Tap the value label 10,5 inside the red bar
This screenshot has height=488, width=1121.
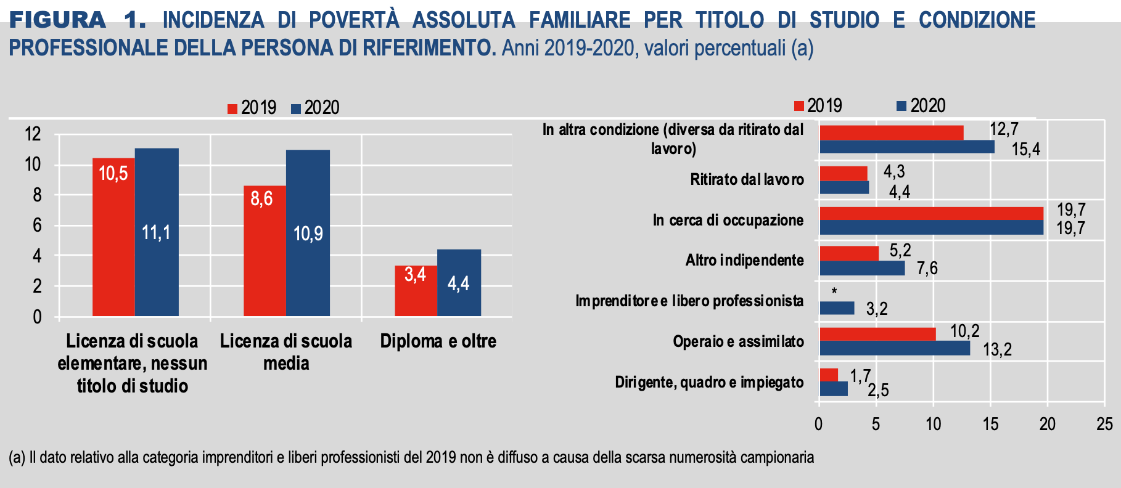tap(113, 174)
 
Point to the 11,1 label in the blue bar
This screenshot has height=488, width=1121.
tap(156, 232)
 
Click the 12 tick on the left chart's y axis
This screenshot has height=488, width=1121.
tap(33, 134)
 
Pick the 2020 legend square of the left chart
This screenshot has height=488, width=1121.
tap(296, 109)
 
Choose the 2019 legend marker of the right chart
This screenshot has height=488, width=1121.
tap(799, 106)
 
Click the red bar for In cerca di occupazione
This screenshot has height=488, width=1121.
tap(931, 213)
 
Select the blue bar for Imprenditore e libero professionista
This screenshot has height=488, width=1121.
tap(837, 308)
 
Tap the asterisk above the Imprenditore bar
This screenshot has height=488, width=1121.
tap(834, 291)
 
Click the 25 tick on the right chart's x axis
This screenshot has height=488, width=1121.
tap(1104, 424)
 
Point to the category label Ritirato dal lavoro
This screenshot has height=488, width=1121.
tap(747, 179)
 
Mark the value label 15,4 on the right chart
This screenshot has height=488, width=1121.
tap(1025, 150)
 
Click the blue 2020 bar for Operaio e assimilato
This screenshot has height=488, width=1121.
tap(894, 348)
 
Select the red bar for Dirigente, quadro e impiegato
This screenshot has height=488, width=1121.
tap(829, 375)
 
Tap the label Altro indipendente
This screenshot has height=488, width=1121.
tap(744, 260)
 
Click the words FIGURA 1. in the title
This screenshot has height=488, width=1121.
tap(78, 20)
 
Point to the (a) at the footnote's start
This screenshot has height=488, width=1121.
tap(17, 457)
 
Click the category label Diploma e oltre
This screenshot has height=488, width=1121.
tap(438, 341)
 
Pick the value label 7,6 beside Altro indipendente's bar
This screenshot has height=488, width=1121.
tap(927, 269)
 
